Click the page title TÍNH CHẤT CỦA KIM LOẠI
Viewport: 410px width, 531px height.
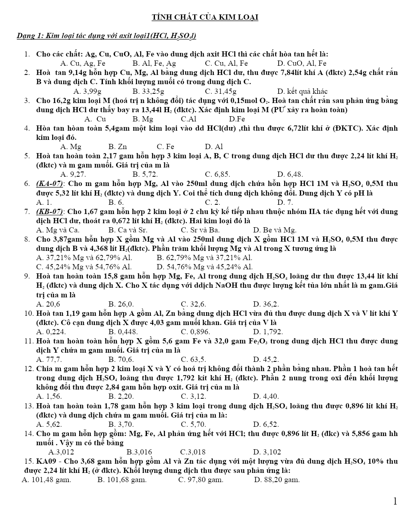click(205, 17)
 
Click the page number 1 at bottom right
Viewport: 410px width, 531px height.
click(395, 501)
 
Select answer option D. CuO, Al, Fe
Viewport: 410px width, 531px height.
click(301, 63)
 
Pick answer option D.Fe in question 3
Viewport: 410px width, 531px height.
click(237, 119)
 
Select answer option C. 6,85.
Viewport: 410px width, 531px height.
click(217, 174)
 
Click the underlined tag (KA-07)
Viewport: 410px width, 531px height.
click(50, 184)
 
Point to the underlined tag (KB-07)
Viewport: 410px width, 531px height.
click(50, 211)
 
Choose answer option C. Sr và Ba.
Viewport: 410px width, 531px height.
click(200, 230)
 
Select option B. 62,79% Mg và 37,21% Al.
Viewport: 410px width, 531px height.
click(204, 258)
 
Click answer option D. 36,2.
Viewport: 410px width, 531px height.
click(266, 304)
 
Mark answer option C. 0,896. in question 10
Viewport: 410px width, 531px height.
click(195, 332)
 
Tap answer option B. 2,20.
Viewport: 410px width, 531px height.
click(121, 397)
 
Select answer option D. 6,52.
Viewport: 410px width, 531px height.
click(266, 424)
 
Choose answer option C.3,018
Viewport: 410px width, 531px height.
click(193, 452)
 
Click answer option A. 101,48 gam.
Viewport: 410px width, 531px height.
click(46, 480)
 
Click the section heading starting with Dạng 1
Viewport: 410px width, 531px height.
click(106, 36)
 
